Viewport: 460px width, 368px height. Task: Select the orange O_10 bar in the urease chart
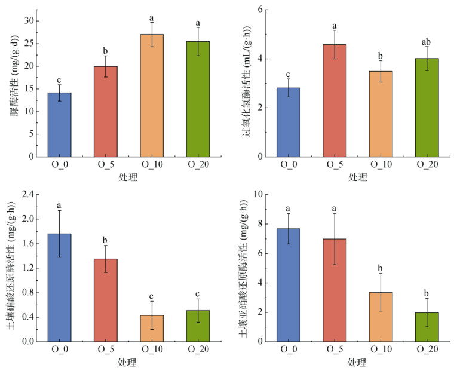click(152, 96)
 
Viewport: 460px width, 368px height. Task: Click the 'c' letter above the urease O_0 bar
click(59, 80)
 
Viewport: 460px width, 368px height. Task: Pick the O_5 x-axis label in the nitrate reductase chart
click(106, 350)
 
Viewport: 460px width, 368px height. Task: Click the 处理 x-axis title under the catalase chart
click(358, 177)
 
